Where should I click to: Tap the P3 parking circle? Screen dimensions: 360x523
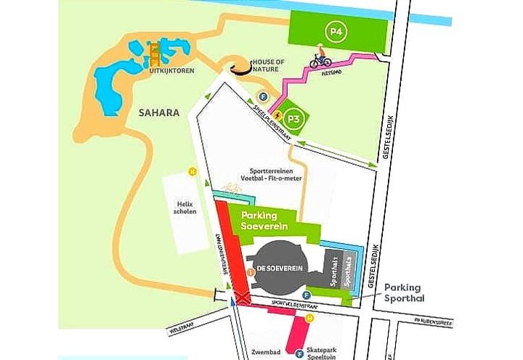tap(293, 118)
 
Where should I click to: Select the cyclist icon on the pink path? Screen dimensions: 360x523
tap(320, 60)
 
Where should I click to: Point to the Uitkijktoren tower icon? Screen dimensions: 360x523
tap(154, 52)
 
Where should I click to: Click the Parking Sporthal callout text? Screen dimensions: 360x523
tap(412, 292)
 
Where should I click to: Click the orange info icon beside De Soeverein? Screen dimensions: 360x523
tap(251, 272)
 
